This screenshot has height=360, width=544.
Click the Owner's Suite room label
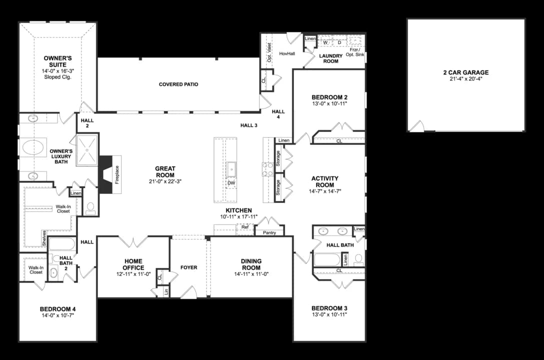click(58, 61)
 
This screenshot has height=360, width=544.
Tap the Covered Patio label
click(178, 84)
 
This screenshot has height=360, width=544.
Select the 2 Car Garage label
click(465, 72)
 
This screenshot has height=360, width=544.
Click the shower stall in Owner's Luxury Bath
click(87, 149)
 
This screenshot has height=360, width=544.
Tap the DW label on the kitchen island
click(231, 183)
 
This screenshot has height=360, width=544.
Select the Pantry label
click(269, 232)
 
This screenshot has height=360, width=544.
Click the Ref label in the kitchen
click(245, 227)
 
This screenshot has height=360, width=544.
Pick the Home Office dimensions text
click(133, 274)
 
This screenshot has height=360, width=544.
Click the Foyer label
click(188, 267)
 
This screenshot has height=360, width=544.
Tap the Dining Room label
click(251, 264)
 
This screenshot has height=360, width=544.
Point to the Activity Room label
click(324, 181)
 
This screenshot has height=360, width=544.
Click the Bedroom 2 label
click(329, 97)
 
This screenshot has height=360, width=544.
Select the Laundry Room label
click(330, 58)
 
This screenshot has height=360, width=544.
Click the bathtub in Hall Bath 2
click(62, 244)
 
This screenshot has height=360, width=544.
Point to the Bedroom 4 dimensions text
click(57, 316)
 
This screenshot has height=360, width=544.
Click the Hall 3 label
click(248, 125)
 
